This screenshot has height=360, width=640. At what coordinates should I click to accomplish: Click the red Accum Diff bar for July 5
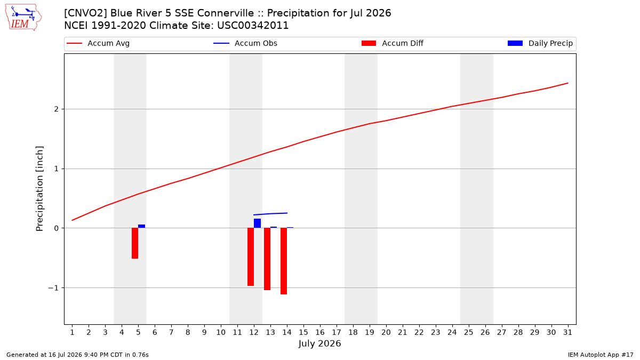pyautogui.click(x=135, y=243)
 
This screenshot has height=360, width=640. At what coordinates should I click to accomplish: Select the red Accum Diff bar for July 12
pyautogui.click(x=251, y=257)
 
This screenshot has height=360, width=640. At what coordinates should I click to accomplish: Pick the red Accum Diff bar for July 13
pyautogui.click(x=267, y=259)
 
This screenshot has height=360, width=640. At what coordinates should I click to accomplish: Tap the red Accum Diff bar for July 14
pyautogui.click(x=284, y=261)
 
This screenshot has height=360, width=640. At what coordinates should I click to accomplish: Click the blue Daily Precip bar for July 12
pyautogui.click(x=258, y=223)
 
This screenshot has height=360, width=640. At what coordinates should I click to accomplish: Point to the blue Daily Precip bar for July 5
pyautogui.click(x=142, y=226)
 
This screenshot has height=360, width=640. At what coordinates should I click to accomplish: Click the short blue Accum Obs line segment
pyautogui.click(x=270, y=214)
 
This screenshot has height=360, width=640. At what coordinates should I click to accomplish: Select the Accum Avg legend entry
pyautogui.click(x=98, y=43)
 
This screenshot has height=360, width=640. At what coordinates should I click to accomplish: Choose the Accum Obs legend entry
pyautogui.click(x=245, y=43)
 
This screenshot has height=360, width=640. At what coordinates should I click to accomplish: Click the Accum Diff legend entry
pyautogui.click(x=393, y=43)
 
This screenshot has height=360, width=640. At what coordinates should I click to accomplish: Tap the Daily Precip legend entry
pyautogui.click(x=540, y=43)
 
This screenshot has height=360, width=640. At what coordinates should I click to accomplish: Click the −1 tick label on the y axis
pyautogui.click(x=53, y=288)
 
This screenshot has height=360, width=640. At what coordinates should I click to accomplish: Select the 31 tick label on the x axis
pyautogui.click(x=567, y=332)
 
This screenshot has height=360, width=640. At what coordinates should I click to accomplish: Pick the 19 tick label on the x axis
pyautogui.click(x=370, y=332)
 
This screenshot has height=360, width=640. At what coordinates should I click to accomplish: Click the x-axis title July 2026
pyautogui.click(x=319, y=343)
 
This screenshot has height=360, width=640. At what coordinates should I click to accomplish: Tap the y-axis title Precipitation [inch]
pyautogui.click(x=39, y=189)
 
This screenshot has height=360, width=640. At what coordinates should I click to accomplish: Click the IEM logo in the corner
pyautogui.click(x=23, y=18)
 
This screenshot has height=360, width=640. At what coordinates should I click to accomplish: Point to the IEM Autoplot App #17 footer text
pyautogui.click(x=601, y=355)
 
